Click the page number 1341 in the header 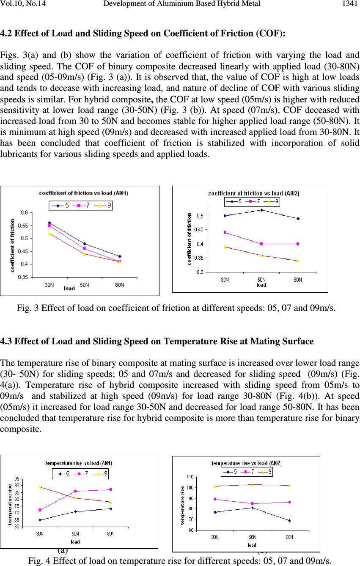pos(350,3)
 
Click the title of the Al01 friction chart pos(84,193)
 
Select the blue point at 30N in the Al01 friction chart pos(49,223)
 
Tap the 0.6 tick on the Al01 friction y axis pos(24,212)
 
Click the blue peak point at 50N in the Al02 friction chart pos(261,210)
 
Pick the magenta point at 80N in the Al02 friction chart pos(298,244)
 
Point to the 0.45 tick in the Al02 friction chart pos(198,230)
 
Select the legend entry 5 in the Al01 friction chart pos(60,206)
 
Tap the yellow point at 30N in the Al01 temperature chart pos(40,487)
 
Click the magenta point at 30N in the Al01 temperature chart pos(40,510)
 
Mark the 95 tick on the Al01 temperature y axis pos(17,479)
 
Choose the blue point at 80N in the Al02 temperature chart pos(289,521)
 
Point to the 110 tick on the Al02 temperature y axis pos(190,477)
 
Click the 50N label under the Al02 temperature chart pos(252,537)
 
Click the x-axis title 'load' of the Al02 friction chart pos(261,285)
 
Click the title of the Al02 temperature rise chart pos(246,463)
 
